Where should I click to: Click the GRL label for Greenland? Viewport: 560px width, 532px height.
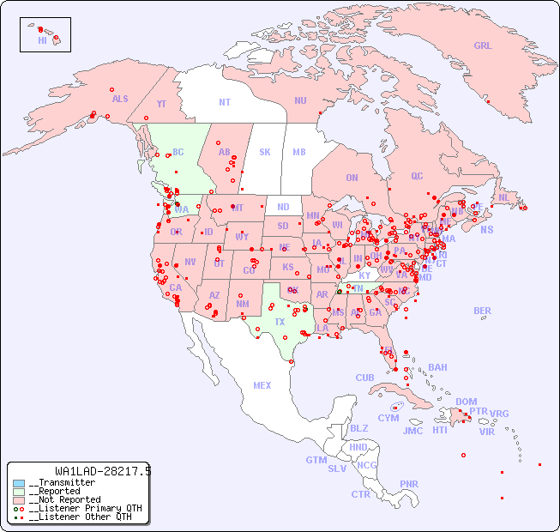[x=483, y=46]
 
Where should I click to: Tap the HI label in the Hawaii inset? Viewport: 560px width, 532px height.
[x=42, y=40]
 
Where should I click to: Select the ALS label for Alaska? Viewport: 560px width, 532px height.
[x=120, y=99]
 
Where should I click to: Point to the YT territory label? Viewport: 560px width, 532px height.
[x=161, y=104]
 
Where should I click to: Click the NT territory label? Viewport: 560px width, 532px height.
[x=224, y=102]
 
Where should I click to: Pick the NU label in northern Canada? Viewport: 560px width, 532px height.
[x=300, y=100]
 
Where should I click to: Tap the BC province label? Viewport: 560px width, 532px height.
[x=178, y=152]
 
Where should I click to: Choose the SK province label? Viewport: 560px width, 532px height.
[x=265, y=152]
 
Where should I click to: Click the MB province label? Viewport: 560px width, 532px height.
[x=298, y=152]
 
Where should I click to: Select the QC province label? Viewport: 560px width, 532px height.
[x=417, y=176]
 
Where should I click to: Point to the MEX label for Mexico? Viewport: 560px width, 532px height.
[x=262, y=385]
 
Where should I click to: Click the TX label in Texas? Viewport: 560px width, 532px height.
[x=280, y=322]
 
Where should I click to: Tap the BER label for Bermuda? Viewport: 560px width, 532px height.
[x=482, y=311]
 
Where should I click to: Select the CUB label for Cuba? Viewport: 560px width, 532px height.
[x=364, y=378]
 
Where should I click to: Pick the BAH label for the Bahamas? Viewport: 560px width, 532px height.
[x=437, y=367]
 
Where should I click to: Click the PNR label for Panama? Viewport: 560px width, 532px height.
[x=409, y=484]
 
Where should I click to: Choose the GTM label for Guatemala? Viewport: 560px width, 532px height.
[x=316, y=460]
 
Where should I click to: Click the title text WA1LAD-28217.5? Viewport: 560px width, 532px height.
[x=102, y=471]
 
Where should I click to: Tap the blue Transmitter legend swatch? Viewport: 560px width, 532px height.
[x=19, y=483]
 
